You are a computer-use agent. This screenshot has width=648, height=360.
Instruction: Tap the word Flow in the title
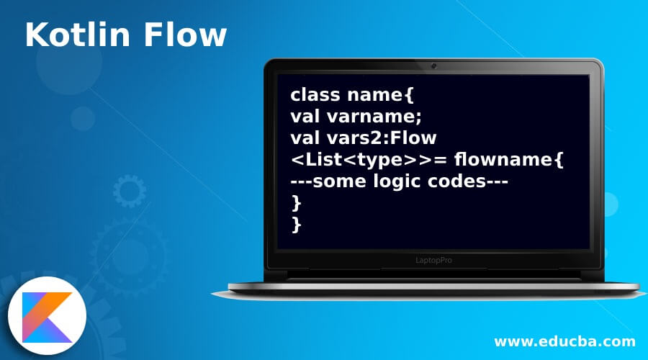coord(189,36)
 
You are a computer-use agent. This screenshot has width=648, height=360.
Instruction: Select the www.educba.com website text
coord(564,341)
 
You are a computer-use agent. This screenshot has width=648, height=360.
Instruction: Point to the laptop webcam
coord(434,66)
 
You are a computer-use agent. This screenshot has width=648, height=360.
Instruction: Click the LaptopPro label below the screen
coord(433,260)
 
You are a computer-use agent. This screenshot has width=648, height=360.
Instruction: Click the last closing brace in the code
coord(296,224)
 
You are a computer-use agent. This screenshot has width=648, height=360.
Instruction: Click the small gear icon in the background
coord(129,192)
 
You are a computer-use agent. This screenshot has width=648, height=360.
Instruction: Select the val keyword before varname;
coord(305,116)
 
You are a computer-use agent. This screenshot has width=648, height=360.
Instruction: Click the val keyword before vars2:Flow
coord(305,137)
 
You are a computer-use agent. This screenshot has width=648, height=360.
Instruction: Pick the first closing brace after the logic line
coord(296,202)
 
